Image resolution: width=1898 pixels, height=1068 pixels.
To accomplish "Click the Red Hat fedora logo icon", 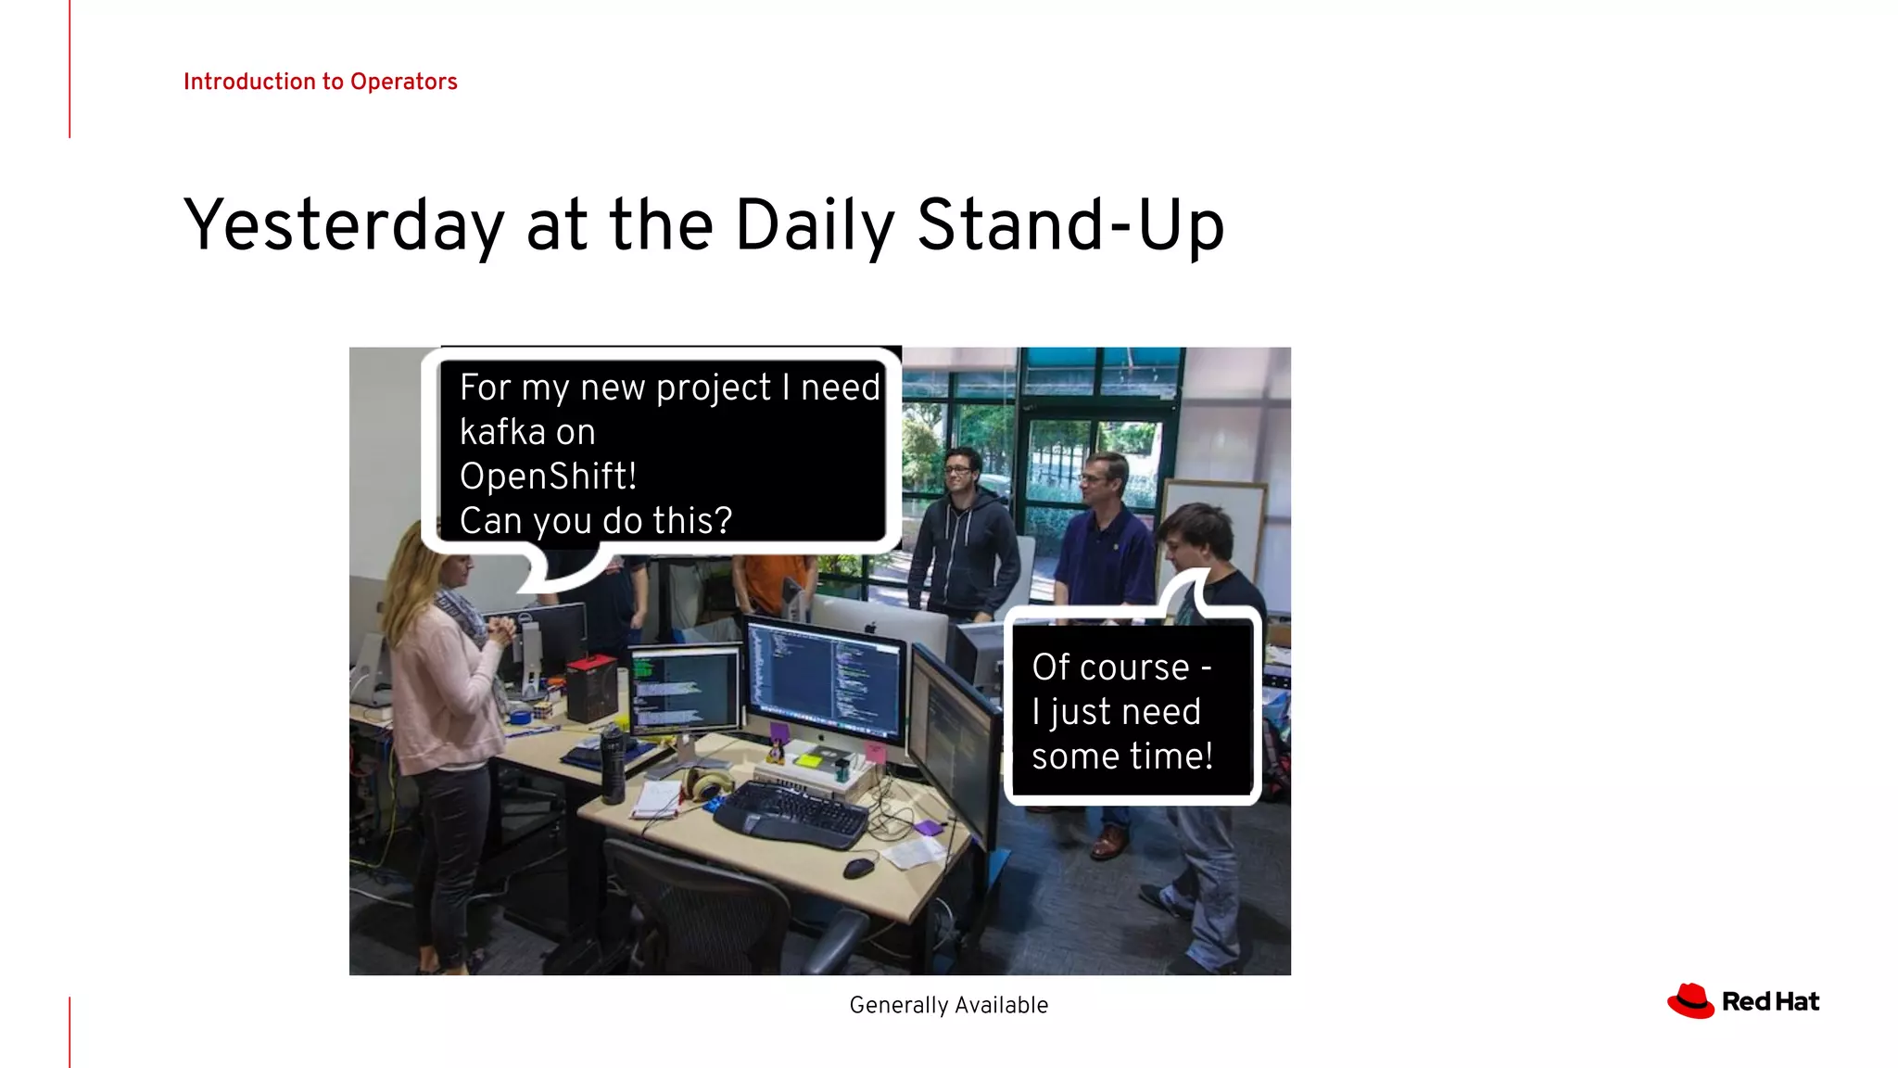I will click(x=1690, y=1001).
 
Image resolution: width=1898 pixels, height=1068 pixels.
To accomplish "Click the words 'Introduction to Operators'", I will click(x=320, y=82).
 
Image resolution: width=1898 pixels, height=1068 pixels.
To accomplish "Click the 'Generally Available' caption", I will click(x=948, y=1005).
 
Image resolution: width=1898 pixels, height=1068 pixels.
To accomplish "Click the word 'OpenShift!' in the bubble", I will click(x=548, y=477).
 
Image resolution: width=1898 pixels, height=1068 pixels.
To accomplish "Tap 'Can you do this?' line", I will click(x=595, y=521).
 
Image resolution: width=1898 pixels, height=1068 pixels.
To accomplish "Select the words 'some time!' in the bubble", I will click(x=1121, y=756).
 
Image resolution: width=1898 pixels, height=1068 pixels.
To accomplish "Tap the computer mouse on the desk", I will click(x=859, y=868).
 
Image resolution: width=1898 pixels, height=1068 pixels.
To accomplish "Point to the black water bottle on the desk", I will click(x=613, y=764).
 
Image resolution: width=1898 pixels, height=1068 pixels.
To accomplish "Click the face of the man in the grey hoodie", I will click(x=959, y=472).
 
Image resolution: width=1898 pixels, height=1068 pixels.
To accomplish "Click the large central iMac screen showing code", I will click(x=824, y=681).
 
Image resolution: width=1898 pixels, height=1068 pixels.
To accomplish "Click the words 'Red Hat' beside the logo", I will click(x=1770, y=1002).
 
